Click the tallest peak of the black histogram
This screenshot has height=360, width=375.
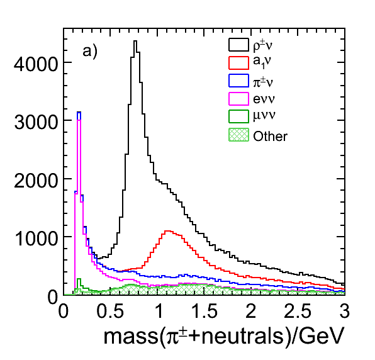coord(135,41)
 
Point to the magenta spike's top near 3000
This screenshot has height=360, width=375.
coord(79,120)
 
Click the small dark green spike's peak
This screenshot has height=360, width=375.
coord(79,279)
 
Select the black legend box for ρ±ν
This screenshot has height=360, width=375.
coord(238,45)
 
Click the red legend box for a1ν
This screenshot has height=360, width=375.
coord(238,63)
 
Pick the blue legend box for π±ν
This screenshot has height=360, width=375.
coord(238,81)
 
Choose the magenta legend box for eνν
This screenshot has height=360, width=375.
coord(238,99)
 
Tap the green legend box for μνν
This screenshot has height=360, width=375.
coord(238,116)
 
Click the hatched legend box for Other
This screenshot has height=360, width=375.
coord(238,135)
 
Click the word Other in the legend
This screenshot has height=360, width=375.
coord(271,137)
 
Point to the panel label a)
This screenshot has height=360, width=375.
coord(90,52)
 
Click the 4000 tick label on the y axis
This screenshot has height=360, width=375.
coord(36,64)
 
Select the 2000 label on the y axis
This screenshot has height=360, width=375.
coord(36,181)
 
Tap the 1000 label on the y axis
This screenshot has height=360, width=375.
coord(36,239)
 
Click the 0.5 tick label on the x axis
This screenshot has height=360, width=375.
coord(110,311)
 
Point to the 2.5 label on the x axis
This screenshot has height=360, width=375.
coord(298,311)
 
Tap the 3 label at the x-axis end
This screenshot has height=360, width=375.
coord(345,311)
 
